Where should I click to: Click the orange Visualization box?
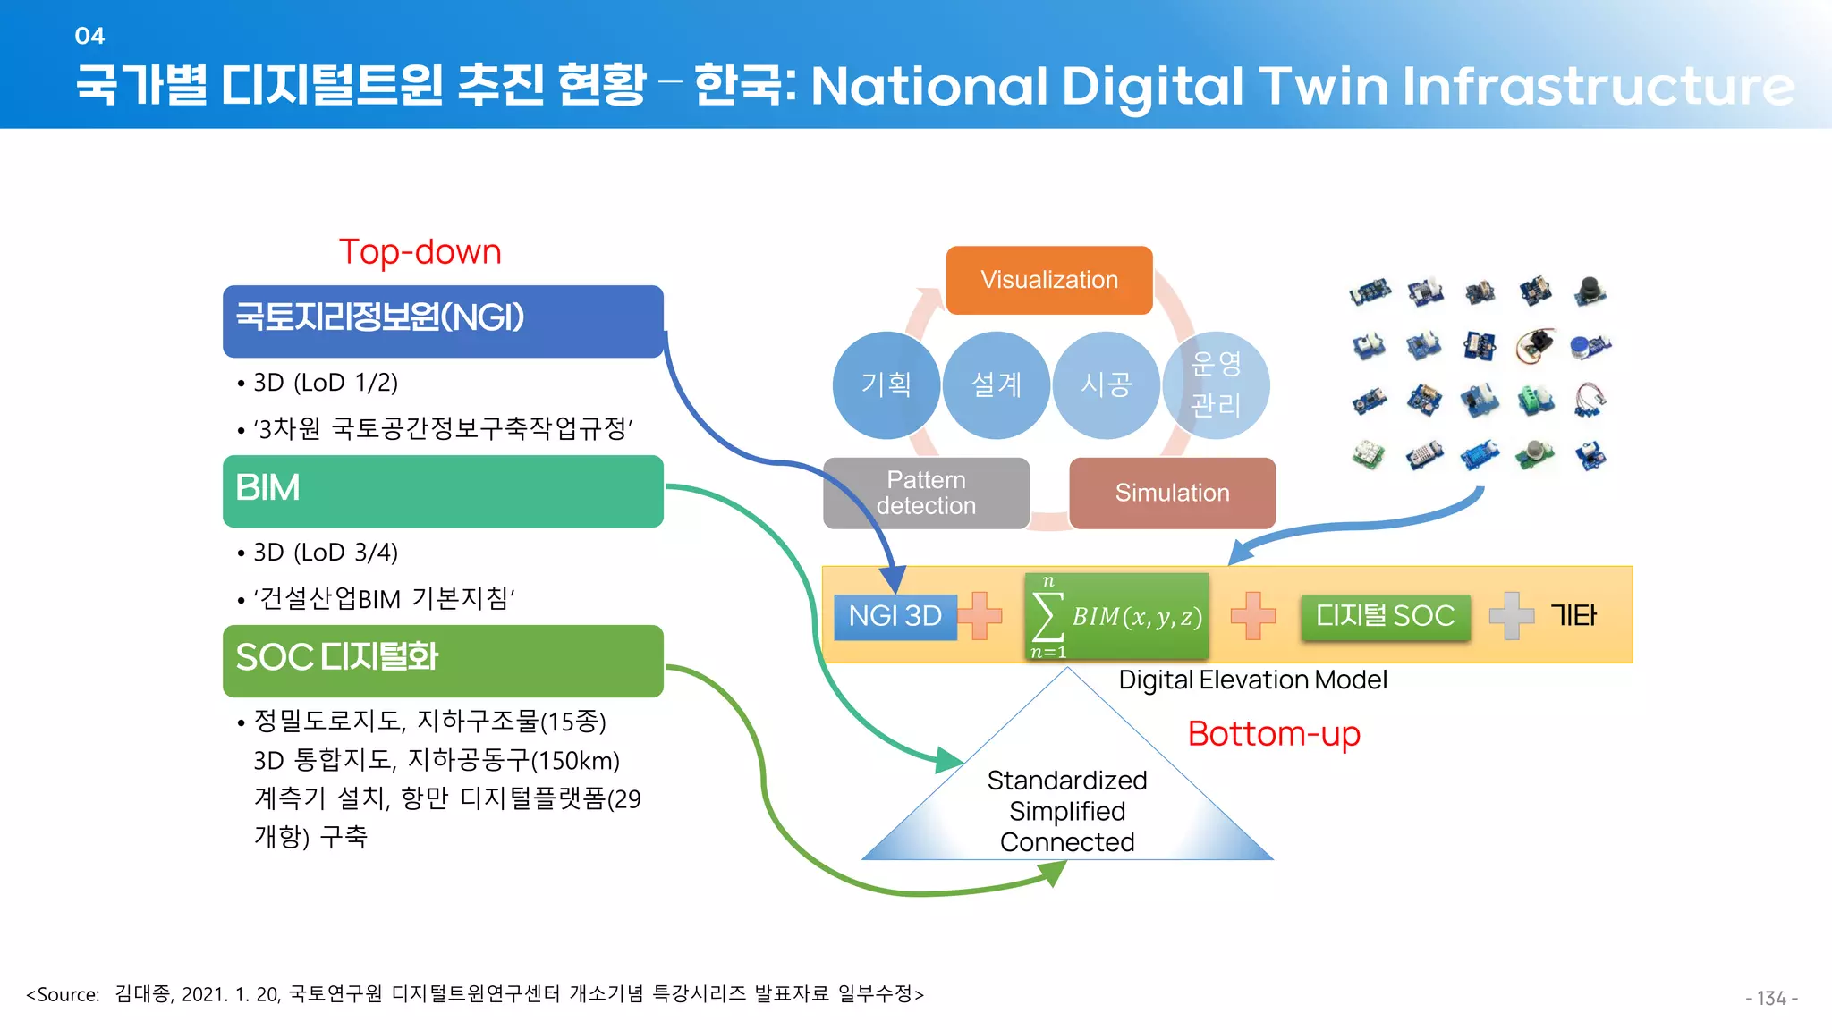(1049, 280)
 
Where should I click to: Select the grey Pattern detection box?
(926, 494)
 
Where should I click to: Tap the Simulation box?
(1172, 494)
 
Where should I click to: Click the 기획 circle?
(886, 385)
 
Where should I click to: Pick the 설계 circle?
(996, 385)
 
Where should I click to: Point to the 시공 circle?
(1106, 385)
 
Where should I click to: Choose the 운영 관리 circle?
(1217, 385)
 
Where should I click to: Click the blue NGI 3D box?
(895, 616)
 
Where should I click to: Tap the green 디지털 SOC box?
(1385, 616)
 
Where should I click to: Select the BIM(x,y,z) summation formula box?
(1116, 616)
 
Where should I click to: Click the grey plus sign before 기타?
(1511, 616)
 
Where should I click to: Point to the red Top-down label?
(420, 252)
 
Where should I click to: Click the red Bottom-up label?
(1274, 734)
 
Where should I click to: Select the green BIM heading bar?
(443, 491)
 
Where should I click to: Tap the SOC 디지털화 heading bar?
(443, 661)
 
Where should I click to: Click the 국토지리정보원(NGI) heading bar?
(443, 321)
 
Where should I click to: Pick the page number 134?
(1771, 998)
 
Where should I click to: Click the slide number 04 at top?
(89, 36)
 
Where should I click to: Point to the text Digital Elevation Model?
(1252, 680)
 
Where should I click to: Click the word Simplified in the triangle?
(1067, 812)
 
